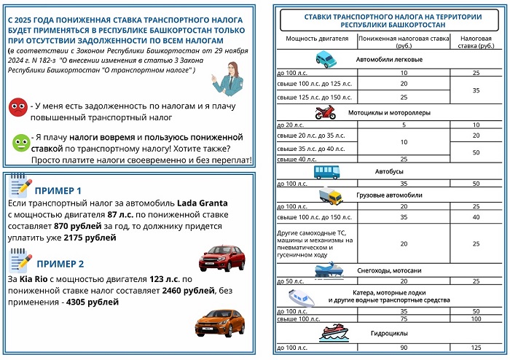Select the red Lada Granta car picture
221,257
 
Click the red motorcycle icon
325,113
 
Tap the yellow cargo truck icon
331,196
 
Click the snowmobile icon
327,270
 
